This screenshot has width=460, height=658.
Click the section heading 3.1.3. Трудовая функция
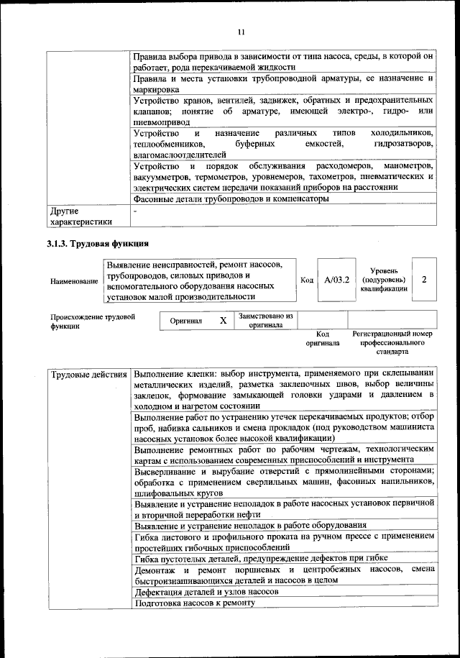pos(98,243)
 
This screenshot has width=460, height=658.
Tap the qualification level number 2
pos(424,279)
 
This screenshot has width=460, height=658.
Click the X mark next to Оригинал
pos(223,321)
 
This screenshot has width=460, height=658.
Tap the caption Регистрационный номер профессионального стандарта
pos(392,343)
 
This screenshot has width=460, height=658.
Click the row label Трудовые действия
pos(89,375)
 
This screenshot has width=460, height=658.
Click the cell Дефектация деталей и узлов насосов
pos(206,591)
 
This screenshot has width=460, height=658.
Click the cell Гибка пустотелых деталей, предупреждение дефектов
pos(260,558)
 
